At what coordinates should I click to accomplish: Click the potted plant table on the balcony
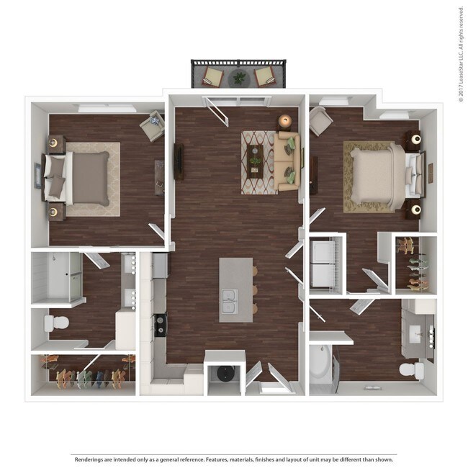tap(239, 76)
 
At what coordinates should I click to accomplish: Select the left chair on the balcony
tap(214, 76)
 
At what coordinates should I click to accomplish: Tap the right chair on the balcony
tap(264, 76)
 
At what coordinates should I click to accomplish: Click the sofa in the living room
tap(285, 162)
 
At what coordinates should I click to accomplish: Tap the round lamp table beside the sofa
tap(285, 122)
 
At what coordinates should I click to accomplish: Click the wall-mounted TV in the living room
tap(177, 163)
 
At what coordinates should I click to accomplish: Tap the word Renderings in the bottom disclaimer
tap(89, 459)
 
